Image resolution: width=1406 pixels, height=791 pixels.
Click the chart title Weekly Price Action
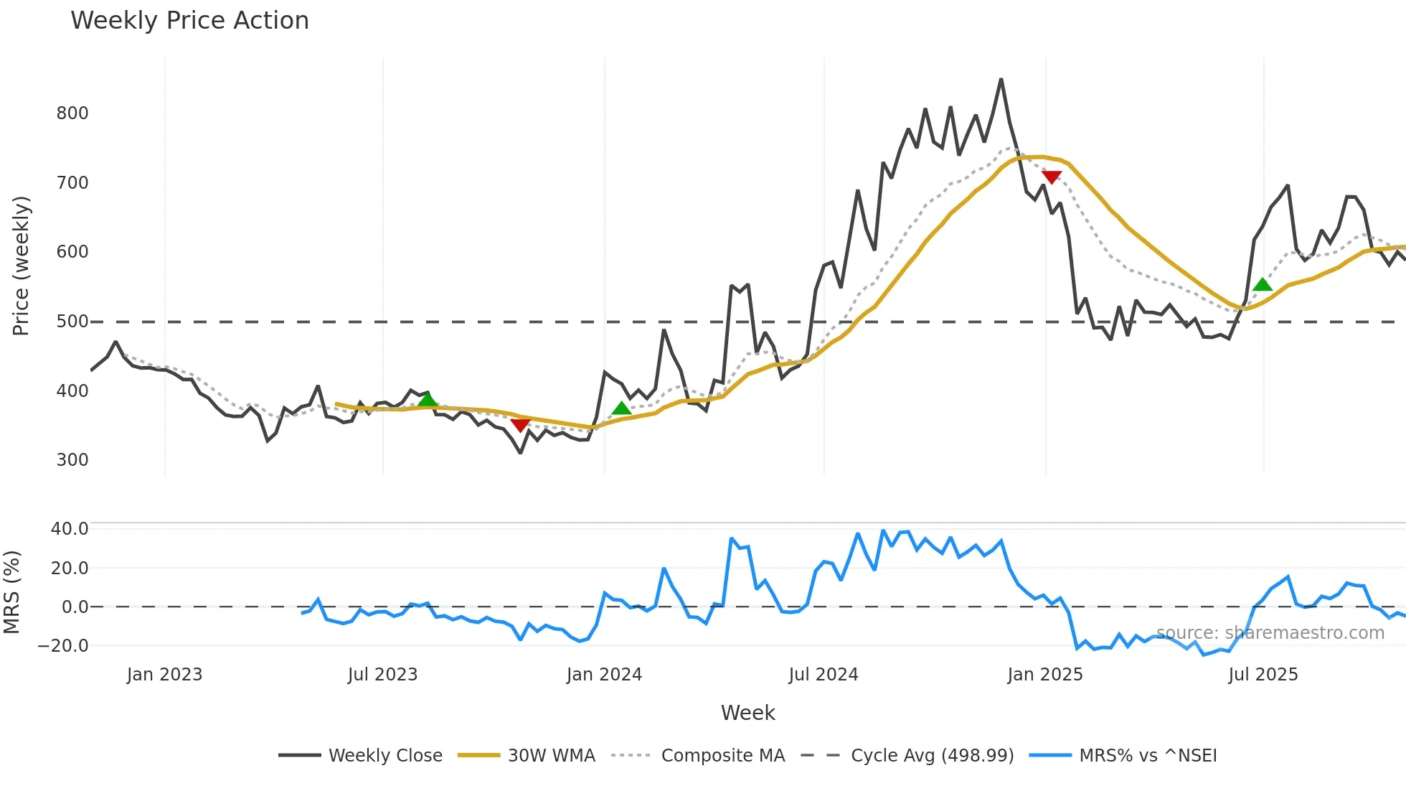[189, 21]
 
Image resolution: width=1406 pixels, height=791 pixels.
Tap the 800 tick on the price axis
[72, 113]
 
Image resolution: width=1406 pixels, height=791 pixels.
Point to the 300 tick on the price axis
[72, 460]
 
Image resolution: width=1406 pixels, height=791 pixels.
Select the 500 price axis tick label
[72, 322]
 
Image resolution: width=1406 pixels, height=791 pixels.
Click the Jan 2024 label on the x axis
[604, 675]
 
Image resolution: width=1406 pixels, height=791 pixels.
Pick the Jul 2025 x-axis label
[1263, 675]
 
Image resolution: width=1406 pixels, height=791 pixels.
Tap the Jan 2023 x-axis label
[164, 675]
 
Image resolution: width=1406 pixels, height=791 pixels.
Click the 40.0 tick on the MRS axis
[70, 529]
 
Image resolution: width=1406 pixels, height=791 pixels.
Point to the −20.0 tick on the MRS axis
[63, 646]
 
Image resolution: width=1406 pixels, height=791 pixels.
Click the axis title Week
[747, 713]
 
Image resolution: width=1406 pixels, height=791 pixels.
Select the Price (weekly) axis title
[21, 266]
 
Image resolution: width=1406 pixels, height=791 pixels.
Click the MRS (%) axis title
[11, 592]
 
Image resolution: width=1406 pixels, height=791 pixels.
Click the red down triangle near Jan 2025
[1052, 177]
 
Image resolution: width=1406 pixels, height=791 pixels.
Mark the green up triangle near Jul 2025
[1263, 284]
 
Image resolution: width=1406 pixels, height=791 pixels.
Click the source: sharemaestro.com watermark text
[1270, 633]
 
